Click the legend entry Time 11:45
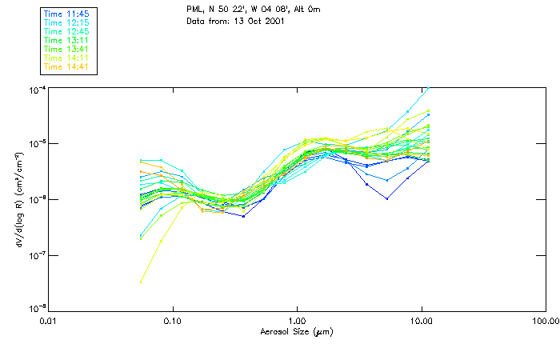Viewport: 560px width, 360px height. (x=67, y=14)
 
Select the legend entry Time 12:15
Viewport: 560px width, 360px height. (x=67, y=22)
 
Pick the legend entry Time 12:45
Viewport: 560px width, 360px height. (x=67, y=31)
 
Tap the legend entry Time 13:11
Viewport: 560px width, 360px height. (x=67, y=40)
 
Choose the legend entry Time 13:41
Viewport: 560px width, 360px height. (x=67, y=49)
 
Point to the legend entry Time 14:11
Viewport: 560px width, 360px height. (x=67, y=58)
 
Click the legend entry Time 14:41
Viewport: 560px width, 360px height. (x=67, y=66)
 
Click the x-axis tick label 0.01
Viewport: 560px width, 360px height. (x=49, y=320)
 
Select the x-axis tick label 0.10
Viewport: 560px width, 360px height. (x=173, y=320)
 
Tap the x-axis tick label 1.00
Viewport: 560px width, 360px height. (x=298, y=320)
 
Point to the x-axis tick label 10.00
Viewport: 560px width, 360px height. (x=422, y=320)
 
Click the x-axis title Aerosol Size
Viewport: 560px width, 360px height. (x=297, y=331)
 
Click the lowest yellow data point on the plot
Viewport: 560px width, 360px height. (x=142, y=282)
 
